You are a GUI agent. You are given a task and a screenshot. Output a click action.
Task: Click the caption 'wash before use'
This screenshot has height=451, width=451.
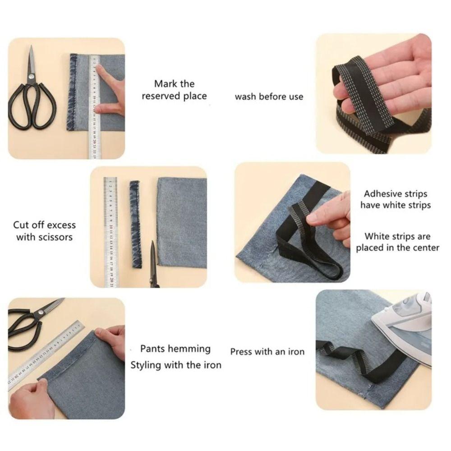click(x=269, y=97)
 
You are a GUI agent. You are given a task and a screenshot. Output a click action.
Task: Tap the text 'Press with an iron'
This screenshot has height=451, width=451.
click(x=267, y=351)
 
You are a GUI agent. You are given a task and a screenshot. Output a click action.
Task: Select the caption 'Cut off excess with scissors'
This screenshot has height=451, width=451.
click(x=44, y=230)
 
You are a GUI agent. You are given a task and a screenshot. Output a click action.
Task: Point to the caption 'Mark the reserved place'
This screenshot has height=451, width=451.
click(x=174, y=90)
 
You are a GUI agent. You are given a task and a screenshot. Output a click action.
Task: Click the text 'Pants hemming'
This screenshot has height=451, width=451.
click(x=175, y=349)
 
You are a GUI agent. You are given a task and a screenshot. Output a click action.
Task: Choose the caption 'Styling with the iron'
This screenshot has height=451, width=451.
click(x=176, y=364)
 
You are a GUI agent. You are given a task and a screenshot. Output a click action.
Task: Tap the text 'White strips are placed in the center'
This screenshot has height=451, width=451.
click(x=397, y=242)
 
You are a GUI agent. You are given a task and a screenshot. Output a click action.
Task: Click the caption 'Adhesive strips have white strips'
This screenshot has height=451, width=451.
click(x=396, y=199)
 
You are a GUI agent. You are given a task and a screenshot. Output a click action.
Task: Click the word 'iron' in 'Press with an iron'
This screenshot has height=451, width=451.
click(x=295, y=351)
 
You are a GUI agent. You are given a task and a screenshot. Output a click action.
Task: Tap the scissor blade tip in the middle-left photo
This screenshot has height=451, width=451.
click(x=152, y=244)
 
